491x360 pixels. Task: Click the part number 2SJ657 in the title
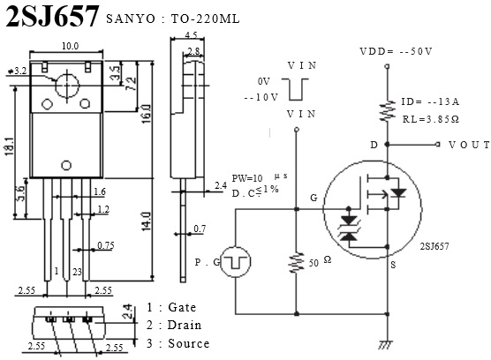[52, 16]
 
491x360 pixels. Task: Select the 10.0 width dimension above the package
[70, 46]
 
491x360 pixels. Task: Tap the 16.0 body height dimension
[147, 114]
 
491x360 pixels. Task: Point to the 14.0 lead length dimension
[147, 221]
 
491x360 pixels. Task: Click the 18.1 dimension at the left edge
[10, 146]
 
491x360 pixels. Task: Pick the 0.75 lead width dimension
[106, 245]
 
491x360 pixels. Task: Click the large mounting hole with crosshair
[67, 85]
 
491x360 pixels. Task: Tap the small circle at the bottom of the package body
[66, 165]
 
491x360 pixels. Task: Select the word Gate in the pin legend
[182, 307]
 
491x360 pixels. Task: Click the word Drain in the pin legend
[185, 325]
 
